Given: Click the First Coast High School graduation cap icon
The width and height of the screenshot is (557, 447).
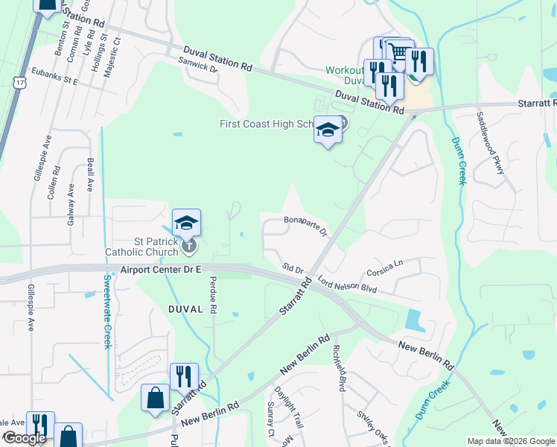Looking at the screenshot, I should (328, 130).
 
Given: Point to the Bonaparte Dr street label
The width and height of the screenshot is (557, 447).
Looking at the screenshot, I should (306, 226).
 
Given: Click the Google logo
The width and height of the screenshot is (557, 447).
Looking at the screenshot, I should (25, 438).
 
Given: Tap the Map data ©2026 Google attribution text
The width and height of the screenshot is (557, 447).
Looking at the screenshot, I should (510, 441).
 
